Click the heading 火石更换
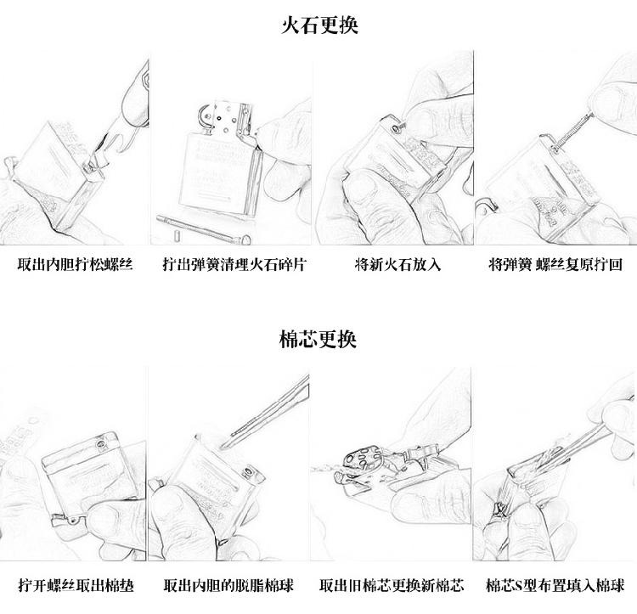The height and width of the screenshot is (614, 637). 319,25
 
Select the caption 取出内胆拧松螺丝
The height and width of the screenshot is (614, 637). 76,265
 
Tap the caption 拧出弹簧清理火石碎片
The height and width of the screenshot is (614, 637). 234,265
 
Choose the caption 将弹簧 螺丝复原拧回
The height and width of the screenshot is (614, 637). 555,265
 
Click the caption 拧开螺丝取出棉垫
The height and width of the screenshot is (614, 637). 76,586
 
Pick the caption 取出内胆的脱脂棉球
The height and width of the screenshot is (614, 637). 234,586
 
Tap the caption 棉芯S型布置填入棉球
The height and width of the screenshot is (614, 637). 555,586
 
